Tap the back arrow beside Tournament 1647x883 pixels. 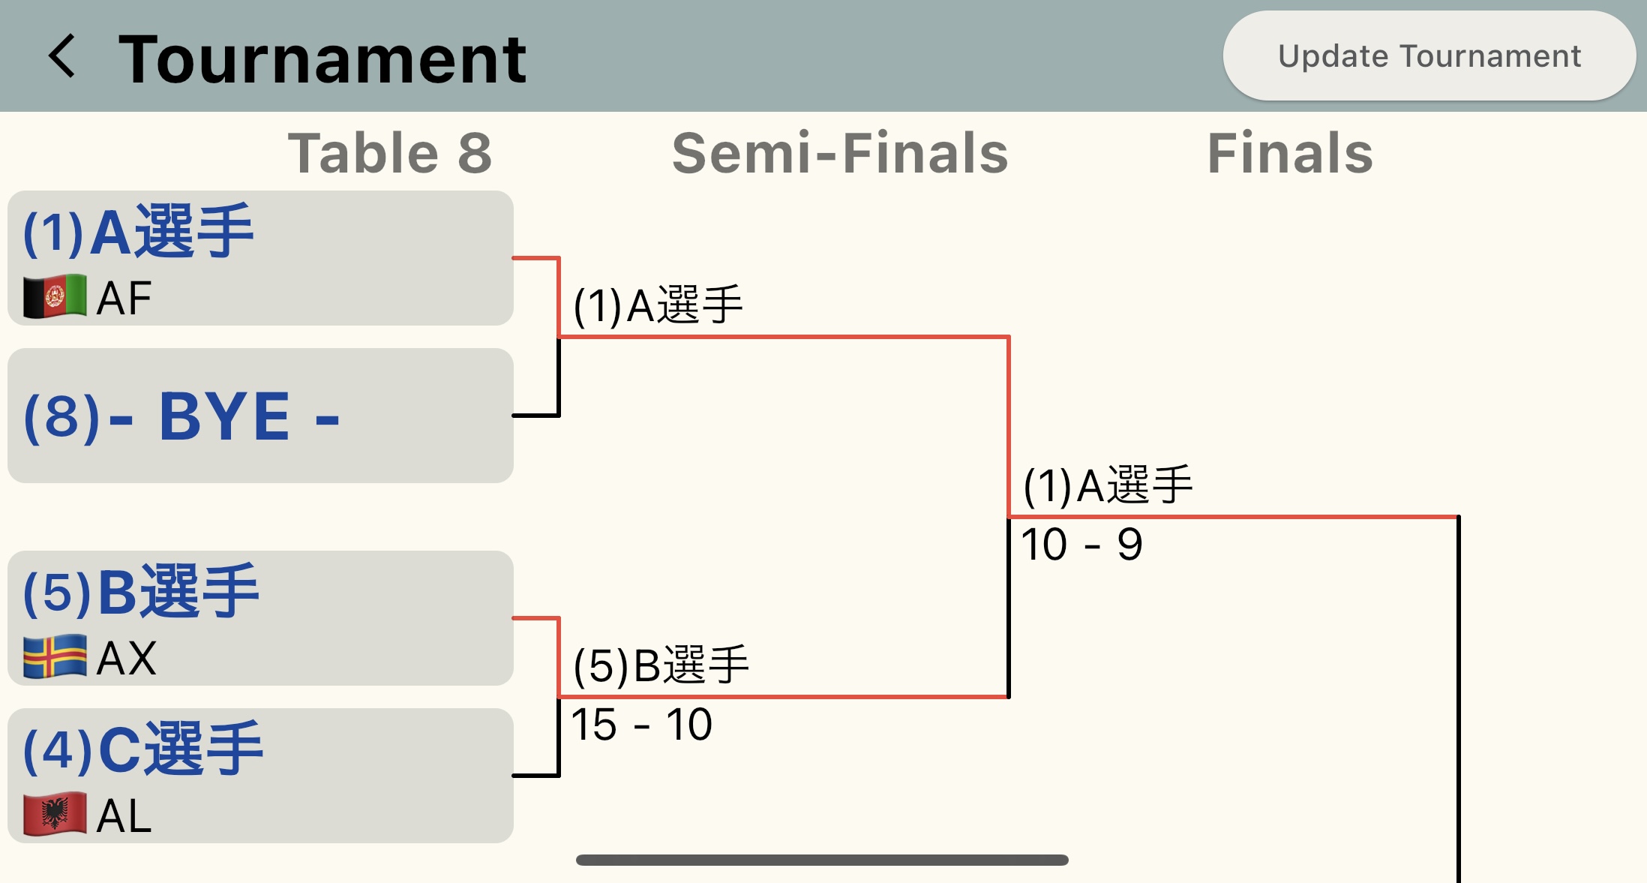62,56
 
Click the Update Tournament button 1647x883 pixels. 1429,56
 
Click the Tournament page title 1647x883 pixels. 322,59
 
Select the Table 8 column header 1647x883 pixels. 390,153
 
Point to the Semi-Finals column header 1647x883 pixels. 840,153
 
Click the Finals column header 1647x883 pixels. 1290,153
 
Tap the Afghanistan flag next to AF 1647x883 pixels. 55,297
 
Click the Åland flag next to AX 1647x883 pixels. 55,657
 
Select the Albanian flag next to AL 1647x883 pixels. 55,815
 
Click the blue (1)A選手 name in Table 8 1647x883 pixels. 139,232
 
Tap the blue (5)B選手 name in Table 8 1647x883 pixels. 141,592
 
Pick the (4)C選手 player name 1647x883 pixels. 143,749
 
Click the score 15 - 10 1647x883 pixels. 641,725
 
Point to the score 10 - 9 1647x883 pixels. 1081,545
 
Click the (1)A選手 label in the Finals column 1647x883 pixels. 1108,485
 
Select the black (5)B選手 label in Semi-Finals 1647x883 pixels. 661,665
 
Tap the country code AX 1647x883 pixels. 127,659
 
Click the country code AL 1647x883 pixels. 124,816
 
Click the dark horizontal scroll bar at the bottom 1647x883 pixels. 822,860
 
